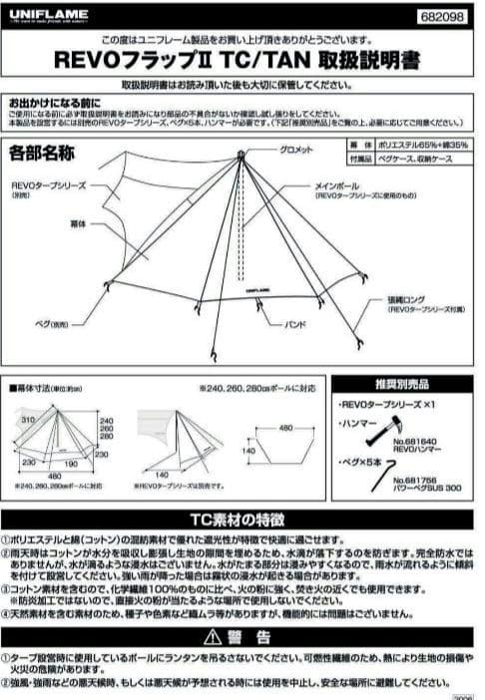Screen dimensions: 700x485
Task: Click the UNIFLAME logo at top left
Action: click(48, 14)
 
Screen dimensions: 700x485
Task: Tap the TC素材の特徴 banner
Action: click(242, 520)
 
